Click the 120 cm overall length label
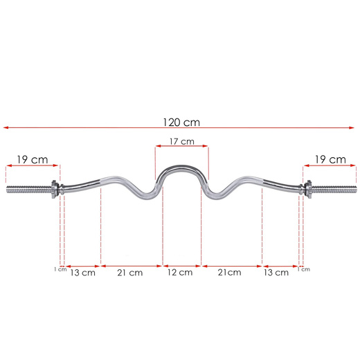point(181,123)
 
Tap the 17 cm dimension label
point(182,141)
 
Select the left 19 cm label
point(33,160)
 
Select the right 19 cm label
point(330,160)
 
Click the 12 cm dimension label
point(180,273)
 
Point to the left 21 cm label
point(130,273)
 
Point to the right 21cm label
point(229,273)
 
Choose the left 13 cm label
point(82,273)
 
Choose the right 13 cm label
point(276,273)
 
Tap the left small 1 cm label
point(60,269)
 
